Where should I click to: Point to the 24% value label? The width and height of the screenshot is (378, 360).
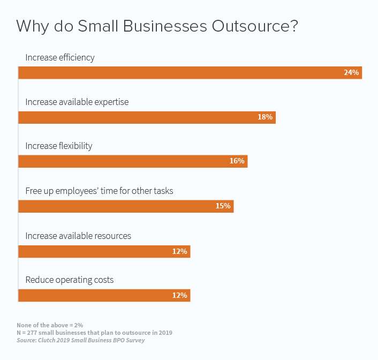click(351, 72)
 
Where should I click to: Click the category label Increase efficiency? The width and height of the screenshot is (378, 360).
click(60, 57)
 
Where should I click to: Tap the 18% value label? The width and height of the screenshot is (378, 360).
click(265, 117)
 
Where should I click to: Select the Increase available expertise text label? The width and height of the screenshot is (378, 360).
click(77, 102)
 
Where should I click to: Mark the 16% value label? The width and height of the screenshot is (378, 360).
click(237, 161)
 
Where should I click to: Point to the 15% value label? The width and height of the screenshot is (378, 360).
click(223, 206)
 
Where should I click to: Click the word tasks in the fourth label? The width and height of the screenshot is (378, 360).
click(162, 191)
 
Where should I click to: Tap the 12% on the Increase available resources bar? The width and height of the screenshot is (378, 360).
click(179, 251)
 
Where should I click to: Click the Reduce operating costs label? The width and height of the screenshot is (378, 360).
click(70, 280)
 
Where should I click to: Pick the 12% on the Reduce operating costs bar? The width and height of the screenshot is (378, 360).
click(179, 295)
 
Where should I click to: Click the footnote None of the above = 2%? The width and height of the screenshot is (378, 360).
click(50, 325)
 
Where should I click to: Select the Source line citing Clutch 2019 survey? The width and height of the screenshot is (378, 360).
click(80, 340)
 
